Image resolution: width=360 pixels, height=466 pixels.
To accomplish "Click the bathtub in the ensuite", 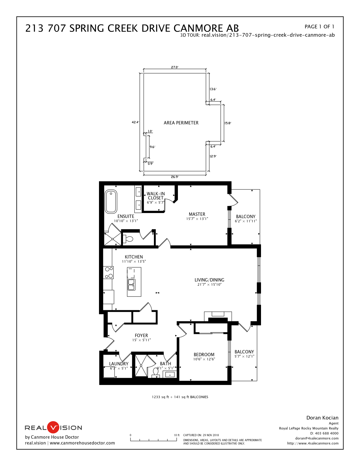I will [x=111, y=202].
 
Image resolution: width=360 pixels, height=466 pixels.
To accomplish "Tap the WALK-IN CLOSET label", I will [x=155, y=196].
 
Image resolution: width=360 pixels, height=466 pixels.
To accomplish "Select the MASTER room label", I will [x=197, y=214].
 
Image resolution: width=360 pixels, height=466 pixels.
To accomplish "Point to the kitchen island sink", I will [x=131, y=284].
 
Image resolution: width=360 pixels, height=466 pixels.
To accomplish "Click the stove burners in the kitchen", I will [x=109, y=272].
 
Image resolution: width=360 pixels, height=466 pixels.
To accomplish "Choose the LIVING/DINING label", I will [x=209, y=280].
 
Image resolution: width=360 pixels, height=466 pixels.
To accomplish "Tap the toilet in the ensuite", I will [x=128, y=239].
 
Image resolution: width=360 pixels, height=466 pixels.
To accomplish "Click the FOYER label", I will [x=141, y=335].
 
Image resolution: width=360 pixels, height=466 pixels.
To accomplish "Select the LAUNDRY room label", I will [x=118, y=364].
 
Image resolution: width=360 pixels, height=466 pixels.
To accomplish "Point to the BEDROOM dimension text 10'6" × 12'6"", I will [x=204, y=359].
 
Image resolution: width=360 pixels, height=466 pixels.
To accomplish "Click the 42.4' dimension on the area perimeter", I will [x=135, y=122].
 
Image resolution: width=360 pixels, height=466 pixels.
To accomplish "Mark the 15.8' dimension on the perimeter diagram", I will [x=228, y=123].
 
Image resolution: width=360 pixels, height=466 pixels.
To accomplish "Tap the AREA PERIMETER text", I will [x=181, y=123].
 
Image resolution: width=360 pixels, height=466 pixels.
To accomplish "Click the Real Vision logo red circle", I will [x=54, y=427].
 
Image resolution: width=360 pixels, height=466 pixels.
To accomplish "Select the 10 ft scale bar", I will [x=154, y=440].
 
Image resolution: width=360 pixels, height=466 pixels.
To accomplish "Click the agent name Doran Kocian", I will [x=322, y=418].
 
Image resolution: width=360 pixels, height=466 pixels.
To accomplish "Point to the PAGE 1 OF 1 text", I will [x=319, y=27].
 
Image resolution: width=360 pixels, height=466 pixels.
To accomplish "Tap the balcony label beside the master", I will [x=245, y=217].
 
